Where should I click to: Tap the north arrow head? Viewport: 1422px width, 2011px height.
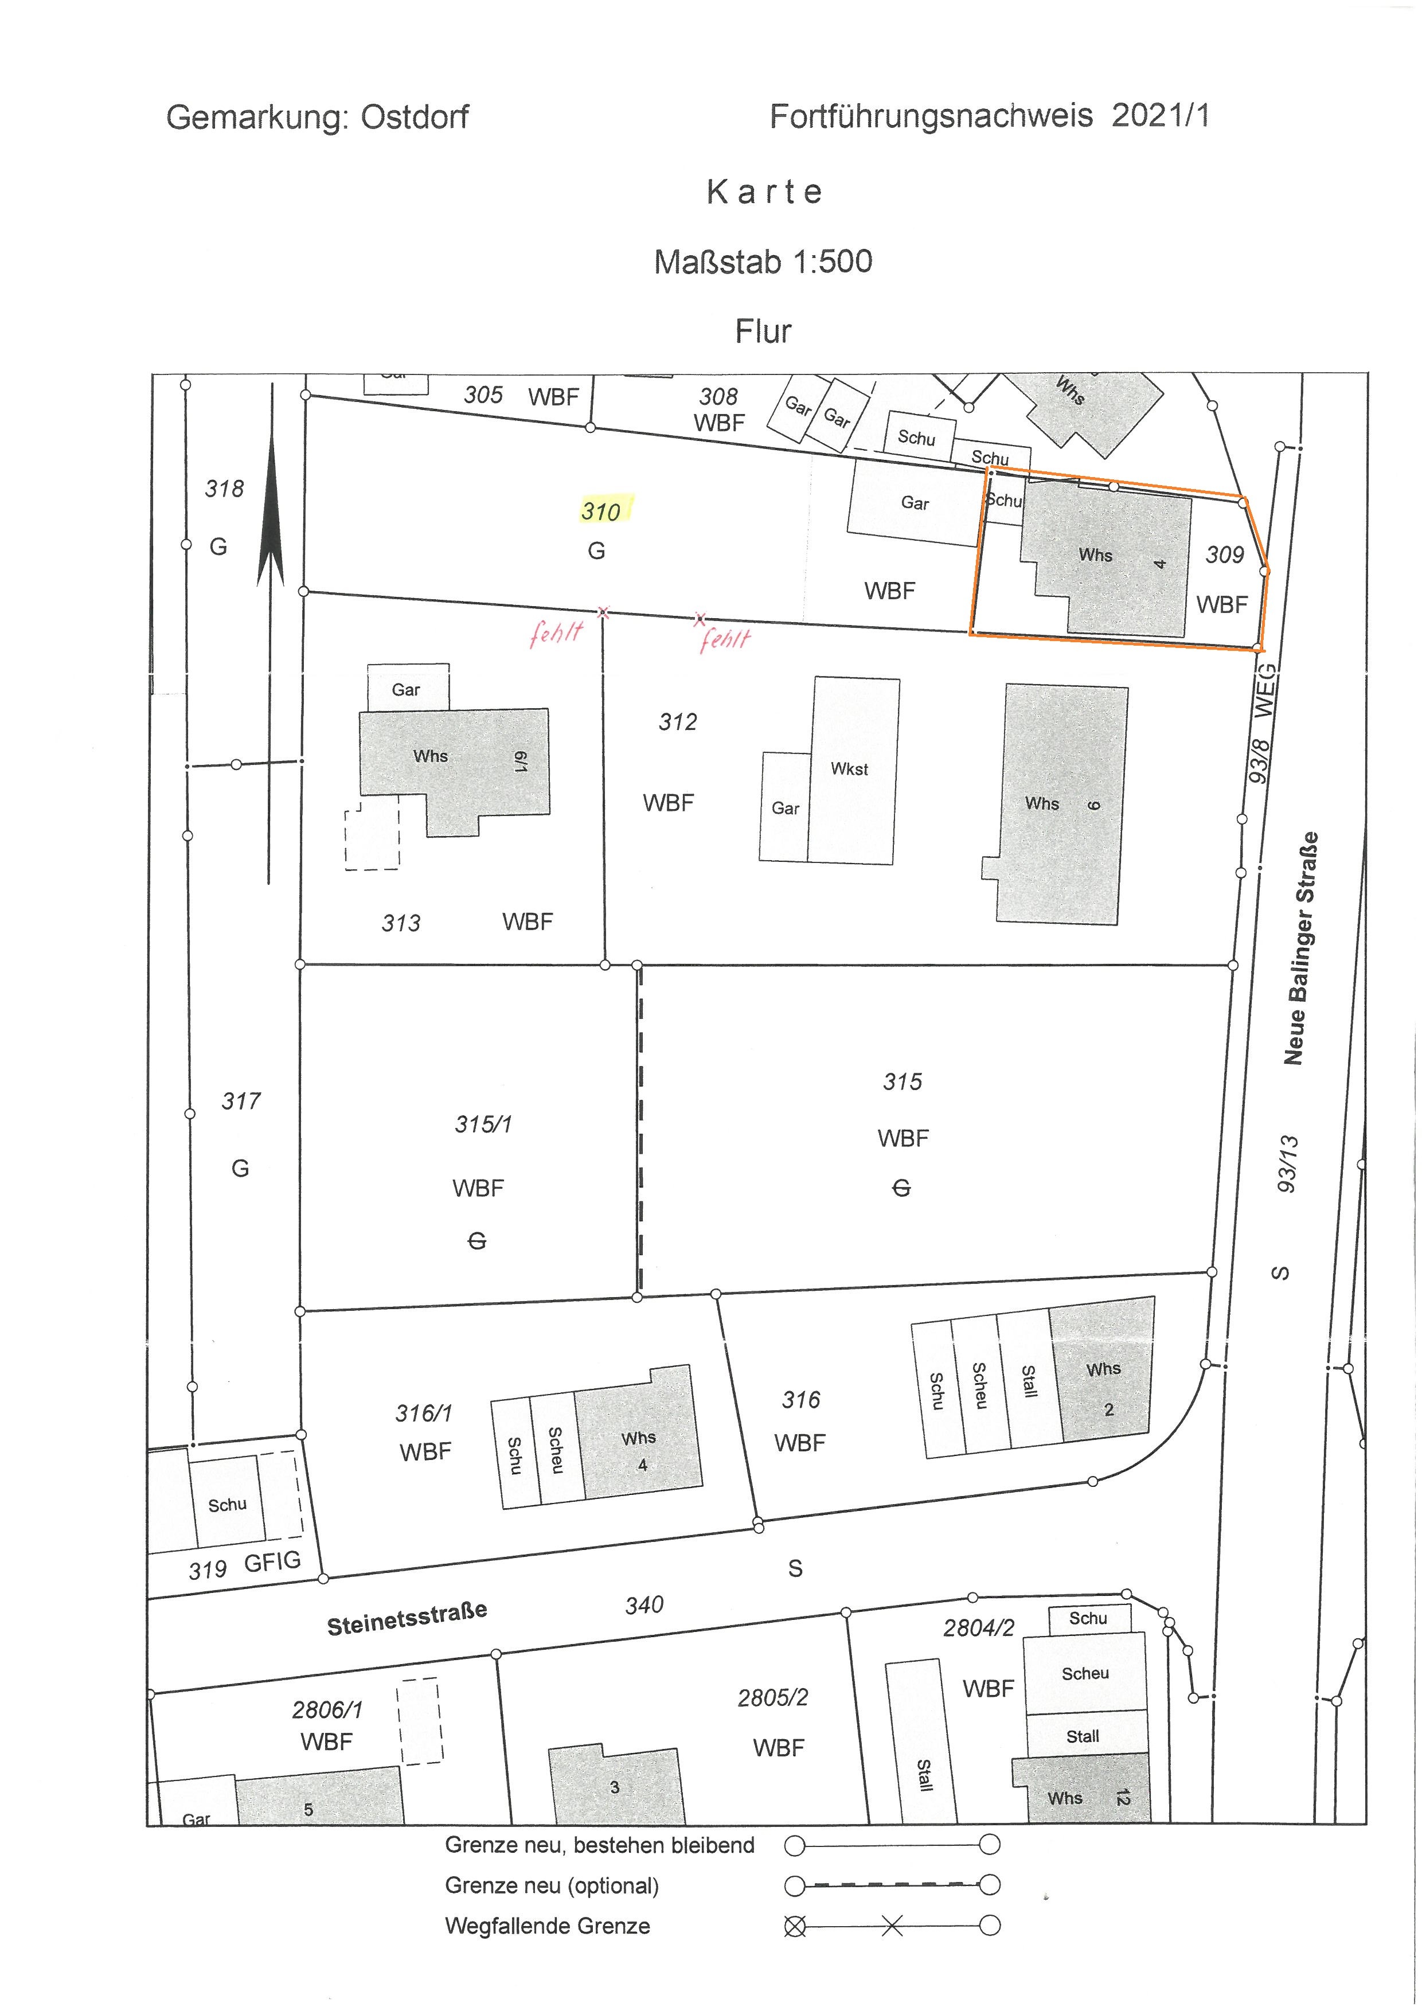coord(271,509)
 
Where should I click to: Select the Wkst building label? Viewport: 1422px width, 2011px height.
coord(849,769)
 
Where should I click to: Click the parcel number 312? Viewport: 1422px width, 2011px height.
coord(678,722)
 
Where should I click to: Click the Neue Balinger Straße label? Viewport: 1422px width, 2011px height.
coord(1300,948)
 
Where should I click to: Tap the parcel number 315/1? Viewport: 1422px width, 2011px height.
coord(483,1124)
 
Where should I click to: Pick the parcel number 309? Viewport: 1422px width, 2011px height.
coord(1224,555)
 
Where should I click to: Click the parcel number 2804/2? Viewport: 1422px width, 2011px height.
coord(979,1629)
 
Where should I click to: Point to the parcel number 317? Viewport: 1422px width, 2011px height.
coord(241,1101)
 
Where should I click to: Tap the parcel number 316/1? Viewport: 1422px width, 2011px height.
coord(424,1413)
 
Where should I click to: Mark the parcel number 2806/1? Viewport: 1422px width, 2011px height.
coord(327,1710)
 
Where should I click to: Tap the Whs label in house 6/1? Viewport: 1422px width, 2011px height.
coord(431,756)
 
